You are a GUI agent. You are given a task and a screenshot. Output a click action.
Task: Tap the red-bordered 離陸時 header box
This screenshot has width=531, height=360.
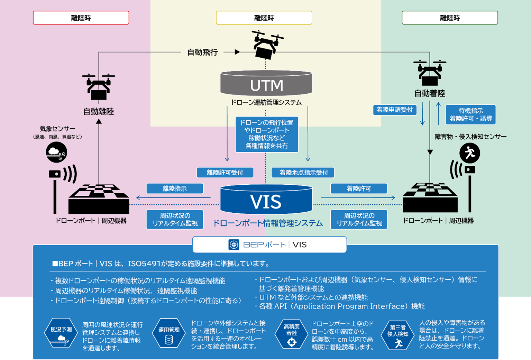click(x=81, y=18)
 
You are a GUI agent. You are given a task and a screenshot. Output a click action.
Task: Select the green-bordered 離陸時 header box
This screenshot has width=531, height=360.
click(x=450, y=18)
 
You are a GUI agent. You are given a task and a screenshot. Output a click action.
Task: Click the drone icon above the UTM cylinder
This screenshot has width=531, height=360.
click(x=267, y=45)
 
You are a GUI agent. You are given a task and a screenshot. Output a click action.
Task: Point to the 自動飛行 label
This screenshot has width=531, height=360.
click(x=202, y=52)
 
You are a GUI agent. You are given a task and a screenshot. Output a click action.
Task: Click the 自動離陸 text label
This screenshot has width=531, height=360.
click(x=99, y=111)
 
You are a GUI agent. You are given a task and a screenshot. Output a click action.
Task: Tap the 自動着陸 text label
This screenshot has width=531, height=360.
click(x=430, y=93)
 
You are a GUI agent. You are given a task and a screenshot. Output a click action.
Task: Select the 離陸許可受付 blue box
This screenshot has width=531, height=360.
click(x=225, y=172)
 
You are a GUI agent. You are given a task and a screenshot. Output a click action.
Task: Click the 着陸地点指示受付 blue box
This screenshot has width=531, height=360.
click(x=303, y=172)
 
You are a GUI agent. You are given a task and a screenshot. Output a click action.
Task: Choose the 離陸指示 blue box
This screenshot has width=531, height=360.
click(x=175, y=188)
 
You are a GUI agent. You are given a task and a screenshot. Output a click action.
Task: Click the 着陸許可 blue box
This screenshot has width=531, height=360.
click(x=359, y=188)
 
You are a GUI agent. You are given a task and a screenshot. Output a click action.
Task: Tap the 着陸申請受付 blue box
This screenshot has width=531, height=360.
click(x=394, y=110)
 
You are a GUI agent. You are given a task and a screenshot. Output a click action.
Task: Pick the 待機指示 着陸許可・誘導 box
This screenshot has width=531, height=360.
click(x=470, y=114)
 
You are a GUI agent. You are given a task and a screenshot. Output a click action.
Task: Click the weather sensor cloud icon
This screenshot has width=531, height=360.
click(x=56, y=152)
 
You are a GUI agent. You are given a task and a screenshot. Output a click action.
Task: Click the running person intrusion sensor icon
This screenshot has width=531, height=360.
click(x=469, y=153)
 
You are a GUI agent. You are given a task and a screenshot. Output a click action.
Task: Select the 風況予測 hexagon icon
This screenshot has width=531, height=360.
click(x=61, y=333)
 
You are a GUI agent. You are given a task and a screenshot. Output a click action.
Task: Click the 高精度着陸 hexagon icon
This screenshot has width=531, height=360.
click(x=292, y=334)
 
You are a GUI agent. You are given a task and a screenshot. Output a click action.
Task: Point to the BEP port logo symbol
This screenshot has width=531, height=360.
click(x=234, y=244)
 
